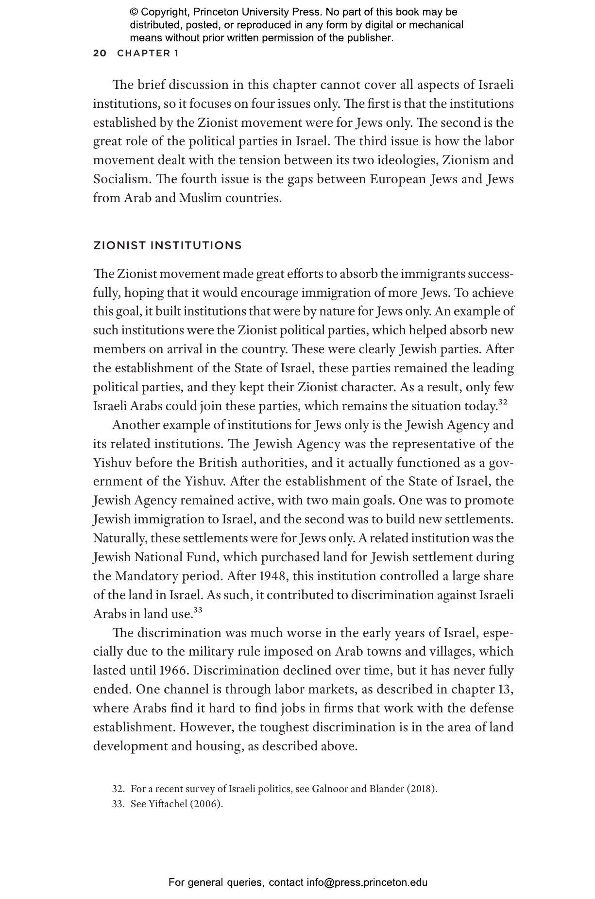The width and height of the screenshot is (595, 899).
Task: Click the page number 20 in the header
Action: coord(100,53)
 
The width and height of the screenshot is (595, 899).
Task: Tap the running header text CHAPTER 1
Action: coord(148,53)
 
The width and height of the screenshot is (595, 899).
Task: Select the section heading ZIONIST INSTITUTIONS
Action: coord(167,245)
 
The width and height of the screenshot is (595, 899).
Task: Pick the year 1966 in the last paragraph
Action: coord(173,671)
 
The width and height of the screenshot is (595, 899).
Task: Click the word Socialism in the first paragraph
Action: coord(121,179)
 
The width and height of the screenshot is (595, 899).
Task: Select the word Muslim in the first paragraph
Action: coord(200,198)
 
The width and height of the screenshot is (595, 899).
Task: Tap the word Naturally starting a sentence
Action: coord(120,538)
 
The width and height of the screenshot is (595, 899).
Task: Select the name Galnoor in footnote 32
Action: coord(329,789)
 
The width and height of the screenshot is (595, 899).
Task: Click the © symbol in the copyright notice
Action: coord(134,12)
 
